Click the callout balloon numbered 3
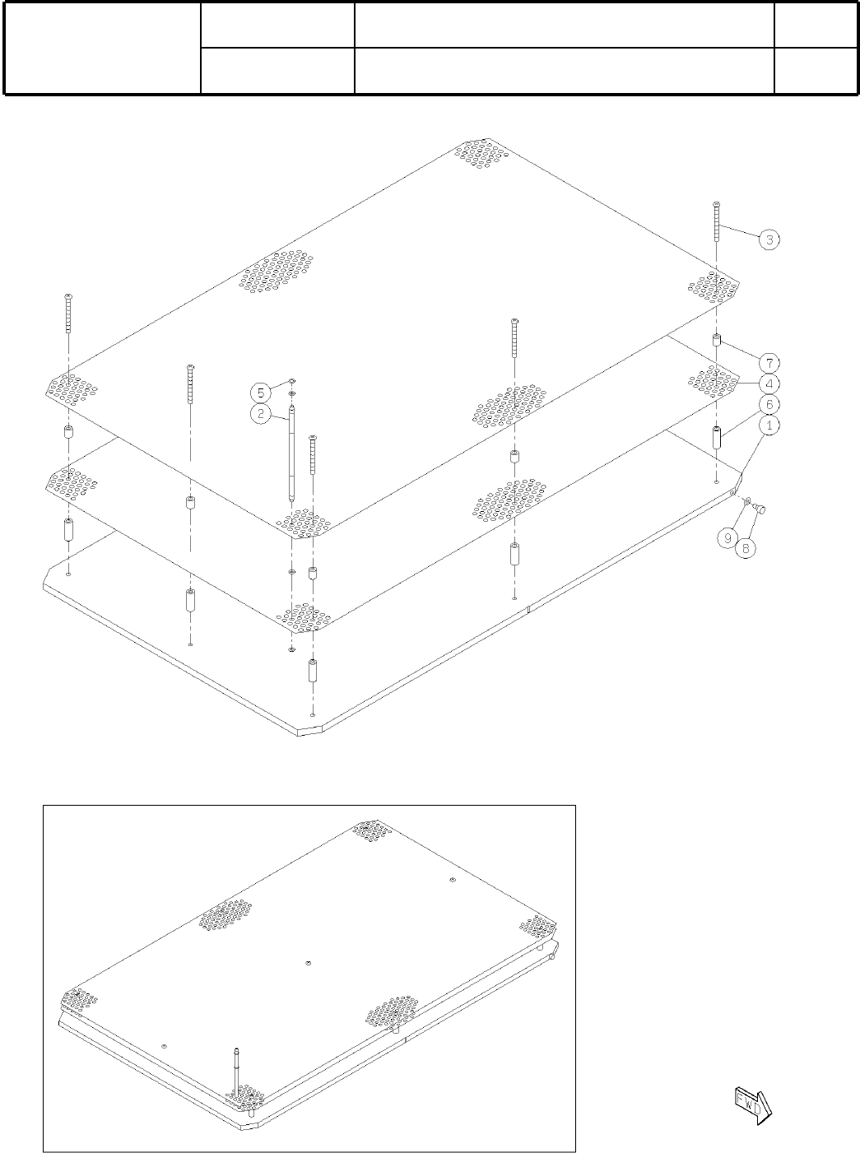pos(769,239)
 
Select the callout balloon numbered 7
pos(769,363)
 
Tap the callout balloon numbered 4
pos(769,384)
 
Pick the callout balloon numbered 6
pos(769,405)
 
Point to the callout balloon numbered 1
pos(769,425)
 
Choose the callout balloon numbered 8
pos(746,549)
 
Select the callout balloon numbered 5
pos(261,392)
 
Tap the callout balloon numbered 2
pos(261,413)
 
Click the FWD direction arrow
pos(752,1103)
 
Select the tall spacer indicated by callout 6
pos(717,438)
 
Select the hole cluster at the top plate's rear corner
pos(481,154)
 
